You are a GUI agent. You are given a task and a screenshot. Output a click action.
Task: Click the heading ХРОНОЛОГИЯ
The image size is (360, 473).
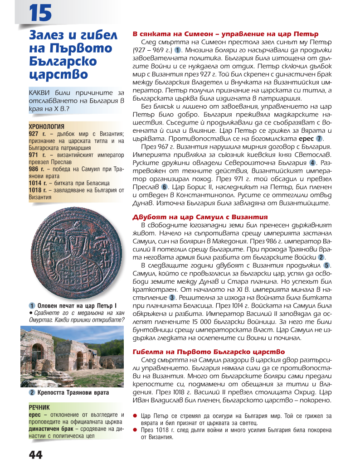point(46,126)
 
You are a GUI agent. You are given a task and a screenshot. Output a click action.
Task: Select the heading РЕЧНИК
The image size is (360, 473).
point(39,408)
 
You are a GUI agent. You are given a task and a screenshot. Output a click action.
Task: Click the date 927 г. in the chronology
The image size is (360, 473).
point(36,134)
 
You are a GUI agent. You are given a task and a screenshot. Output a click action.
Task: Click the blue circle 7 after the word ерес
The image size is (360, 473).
point(319,139)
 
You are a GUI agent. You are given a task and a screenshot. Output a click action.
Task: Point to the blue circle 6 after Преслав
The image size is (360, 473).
point(165,187)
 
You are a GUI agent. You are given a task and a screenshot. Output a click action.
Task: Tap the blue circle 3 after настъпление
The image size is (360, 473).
point(172,297)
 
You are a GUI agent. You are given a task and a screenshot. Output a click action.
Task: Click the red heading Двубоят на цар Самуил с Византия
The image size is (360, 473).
point(200,217)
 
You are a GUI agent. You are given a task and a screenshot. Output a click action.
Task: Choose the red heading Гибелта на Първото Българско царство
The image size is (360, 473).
point(209,351)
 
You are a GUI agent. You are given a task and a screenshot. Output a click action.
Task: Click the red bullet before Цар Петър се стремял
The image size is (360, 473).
point(135,415)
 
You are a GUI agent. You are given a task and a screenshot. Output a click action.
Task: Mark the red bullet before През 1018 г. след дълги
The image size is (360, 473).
point(135,430)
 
